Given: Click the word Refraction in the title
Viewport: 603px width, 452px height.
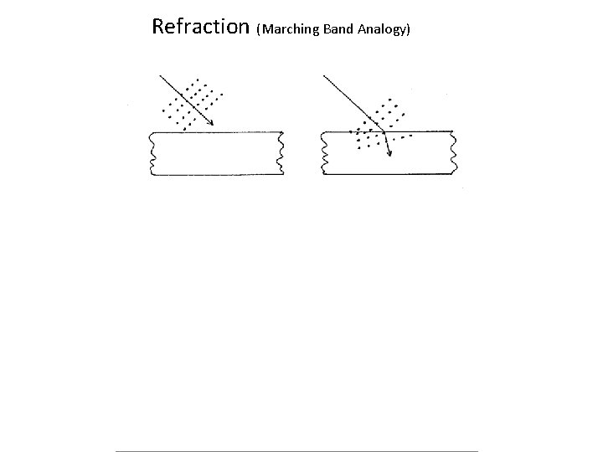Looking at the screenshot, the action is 200,27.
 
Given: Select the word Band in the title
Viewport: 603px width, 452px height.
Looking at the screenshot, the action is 335,30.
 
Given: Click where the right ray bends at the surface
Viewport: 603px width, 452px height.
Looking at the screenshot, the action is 383,131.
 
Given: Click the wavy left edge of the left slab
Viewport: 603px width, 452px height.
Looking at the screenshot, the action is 151,153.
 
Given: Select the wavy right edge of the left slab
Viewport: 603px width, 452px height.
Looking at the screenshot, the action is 281,153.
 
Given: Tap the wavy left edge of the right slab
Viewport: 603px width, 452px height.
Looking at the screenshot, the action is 324,153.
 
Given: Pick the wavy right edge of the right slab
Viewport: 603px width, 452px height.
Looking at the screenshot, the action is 455,153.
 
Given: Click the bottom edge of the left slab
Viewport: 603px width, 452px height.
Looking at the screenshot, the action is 216,175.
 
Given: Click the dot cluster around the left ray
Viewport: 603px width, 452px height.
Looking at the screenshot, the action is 191,105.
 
